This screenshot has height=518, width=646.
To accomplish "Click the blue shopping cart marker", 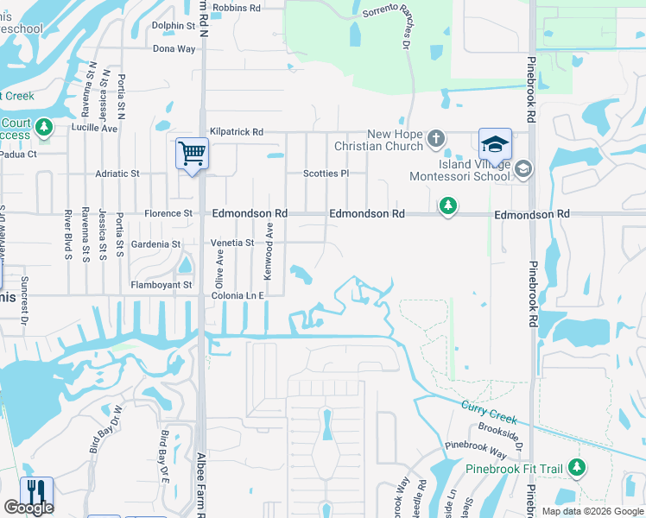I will pos(192,155).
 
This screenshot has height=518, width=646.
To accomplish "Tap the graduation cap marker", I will pos(496,143).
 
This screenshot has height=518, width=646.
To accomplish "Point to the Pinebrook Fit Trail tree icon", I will pos(576,468).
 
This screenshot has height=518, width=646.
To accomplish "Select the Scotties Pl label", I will pos(326,174).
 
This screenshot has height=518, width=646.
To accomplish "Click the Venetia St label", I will pos(232,243).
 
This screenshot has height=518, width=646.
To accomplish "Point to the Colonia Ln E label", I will pos(236,295).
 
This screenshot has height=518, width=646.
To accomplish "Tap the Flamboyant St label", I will pos(160,285).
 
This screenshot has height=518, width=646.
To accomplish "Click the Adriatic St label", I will pos(117,174).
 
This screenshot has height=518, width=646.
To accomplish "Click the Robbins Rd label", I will pos(236,8).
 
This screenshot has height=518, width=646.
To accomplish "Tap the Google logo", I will pos(28,508).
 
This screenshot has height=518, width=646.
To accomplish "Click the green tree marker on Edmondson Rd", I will pos(447,205).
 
